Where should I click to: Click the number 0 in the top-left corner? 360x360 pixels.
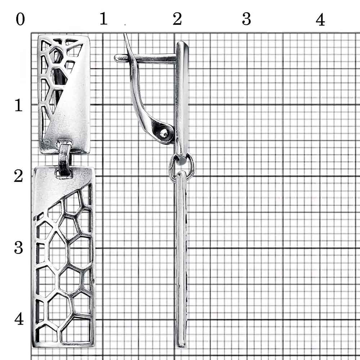click(20, 19)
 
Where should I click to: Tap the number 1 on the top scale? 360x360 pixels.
click(104, 18)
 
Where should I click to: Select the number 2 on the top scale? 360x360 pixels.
click(177, 19)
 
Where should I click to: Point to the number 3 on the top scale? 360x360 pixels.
click(246, 19)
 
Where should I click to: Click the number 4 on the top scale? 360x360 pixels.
click(320, 19)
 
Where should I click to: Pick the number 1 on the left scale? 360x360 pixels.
click(19, 105)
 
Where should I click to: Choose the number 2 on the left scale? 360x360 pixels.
click(18, 176)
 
